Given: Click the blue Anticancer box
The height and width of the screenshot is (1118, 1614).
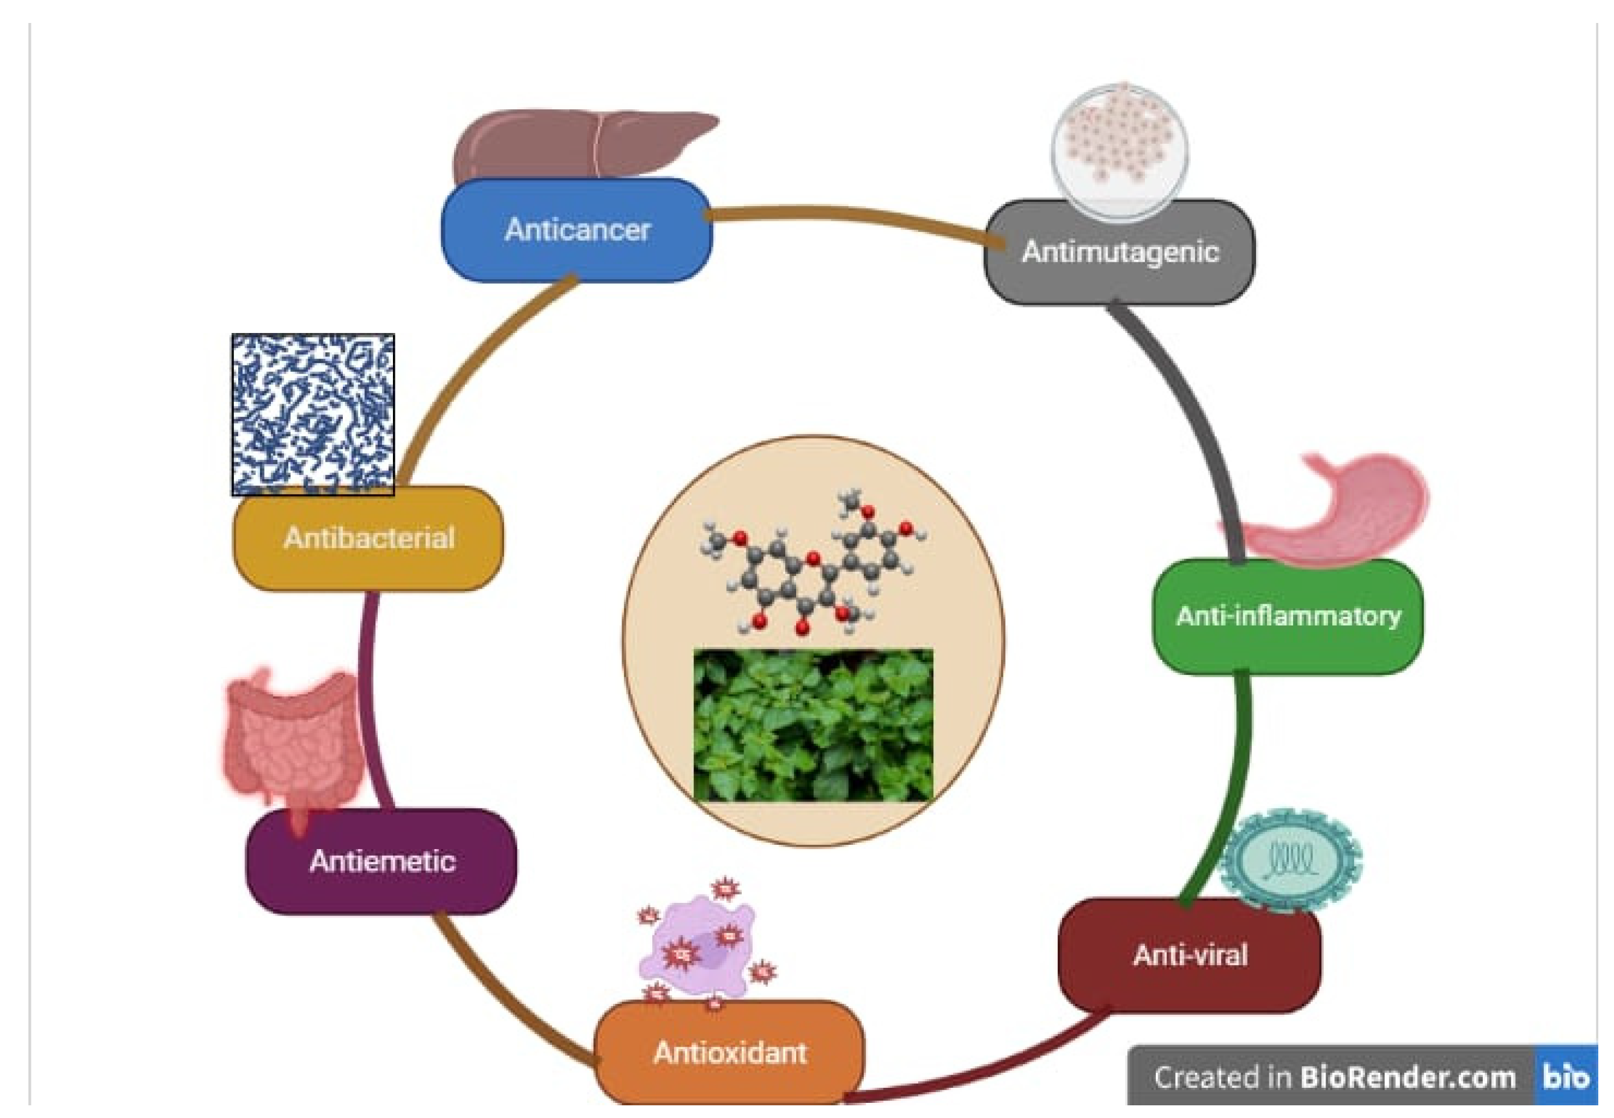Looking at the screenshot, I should pyautogui.click(x=577, y=230).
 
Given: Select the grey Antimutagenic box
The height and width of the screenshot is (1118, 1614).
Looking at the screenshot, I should pyautogui.click(x=1120, y=252).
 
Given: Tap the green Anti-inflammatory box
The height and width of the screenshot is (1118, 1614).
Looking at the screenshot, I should pyautogui.click(x=1288, y=616).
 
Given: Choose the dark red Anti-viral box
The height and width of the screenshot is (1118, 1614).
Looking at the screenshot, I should pyautogui.click(x=1190, y=955).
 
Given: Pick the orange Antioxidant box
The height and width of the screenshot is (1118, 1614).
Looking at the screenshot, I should pyautogui.click(x=729, y=1053).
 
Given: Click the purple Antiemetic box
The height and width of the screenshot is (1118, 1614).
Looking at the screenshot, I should pyautogui.click(x=382, y=861).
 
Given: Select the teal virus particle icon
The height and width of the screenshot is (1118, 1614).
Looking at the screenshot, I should pyautogui.click(x=1291, y=860).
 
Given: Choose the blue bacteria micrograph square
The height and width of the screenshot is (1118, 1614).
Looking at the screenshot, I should pyautogui.click(x=313, y=414).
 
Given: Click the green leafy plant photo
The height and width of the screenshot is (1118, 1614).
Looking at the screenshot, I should pyautogui.click(x=812, y=725).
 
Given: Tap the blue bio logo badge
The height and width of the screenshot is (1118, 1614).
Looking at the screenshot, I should pyautogui.click(x=1566, y=1077).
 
